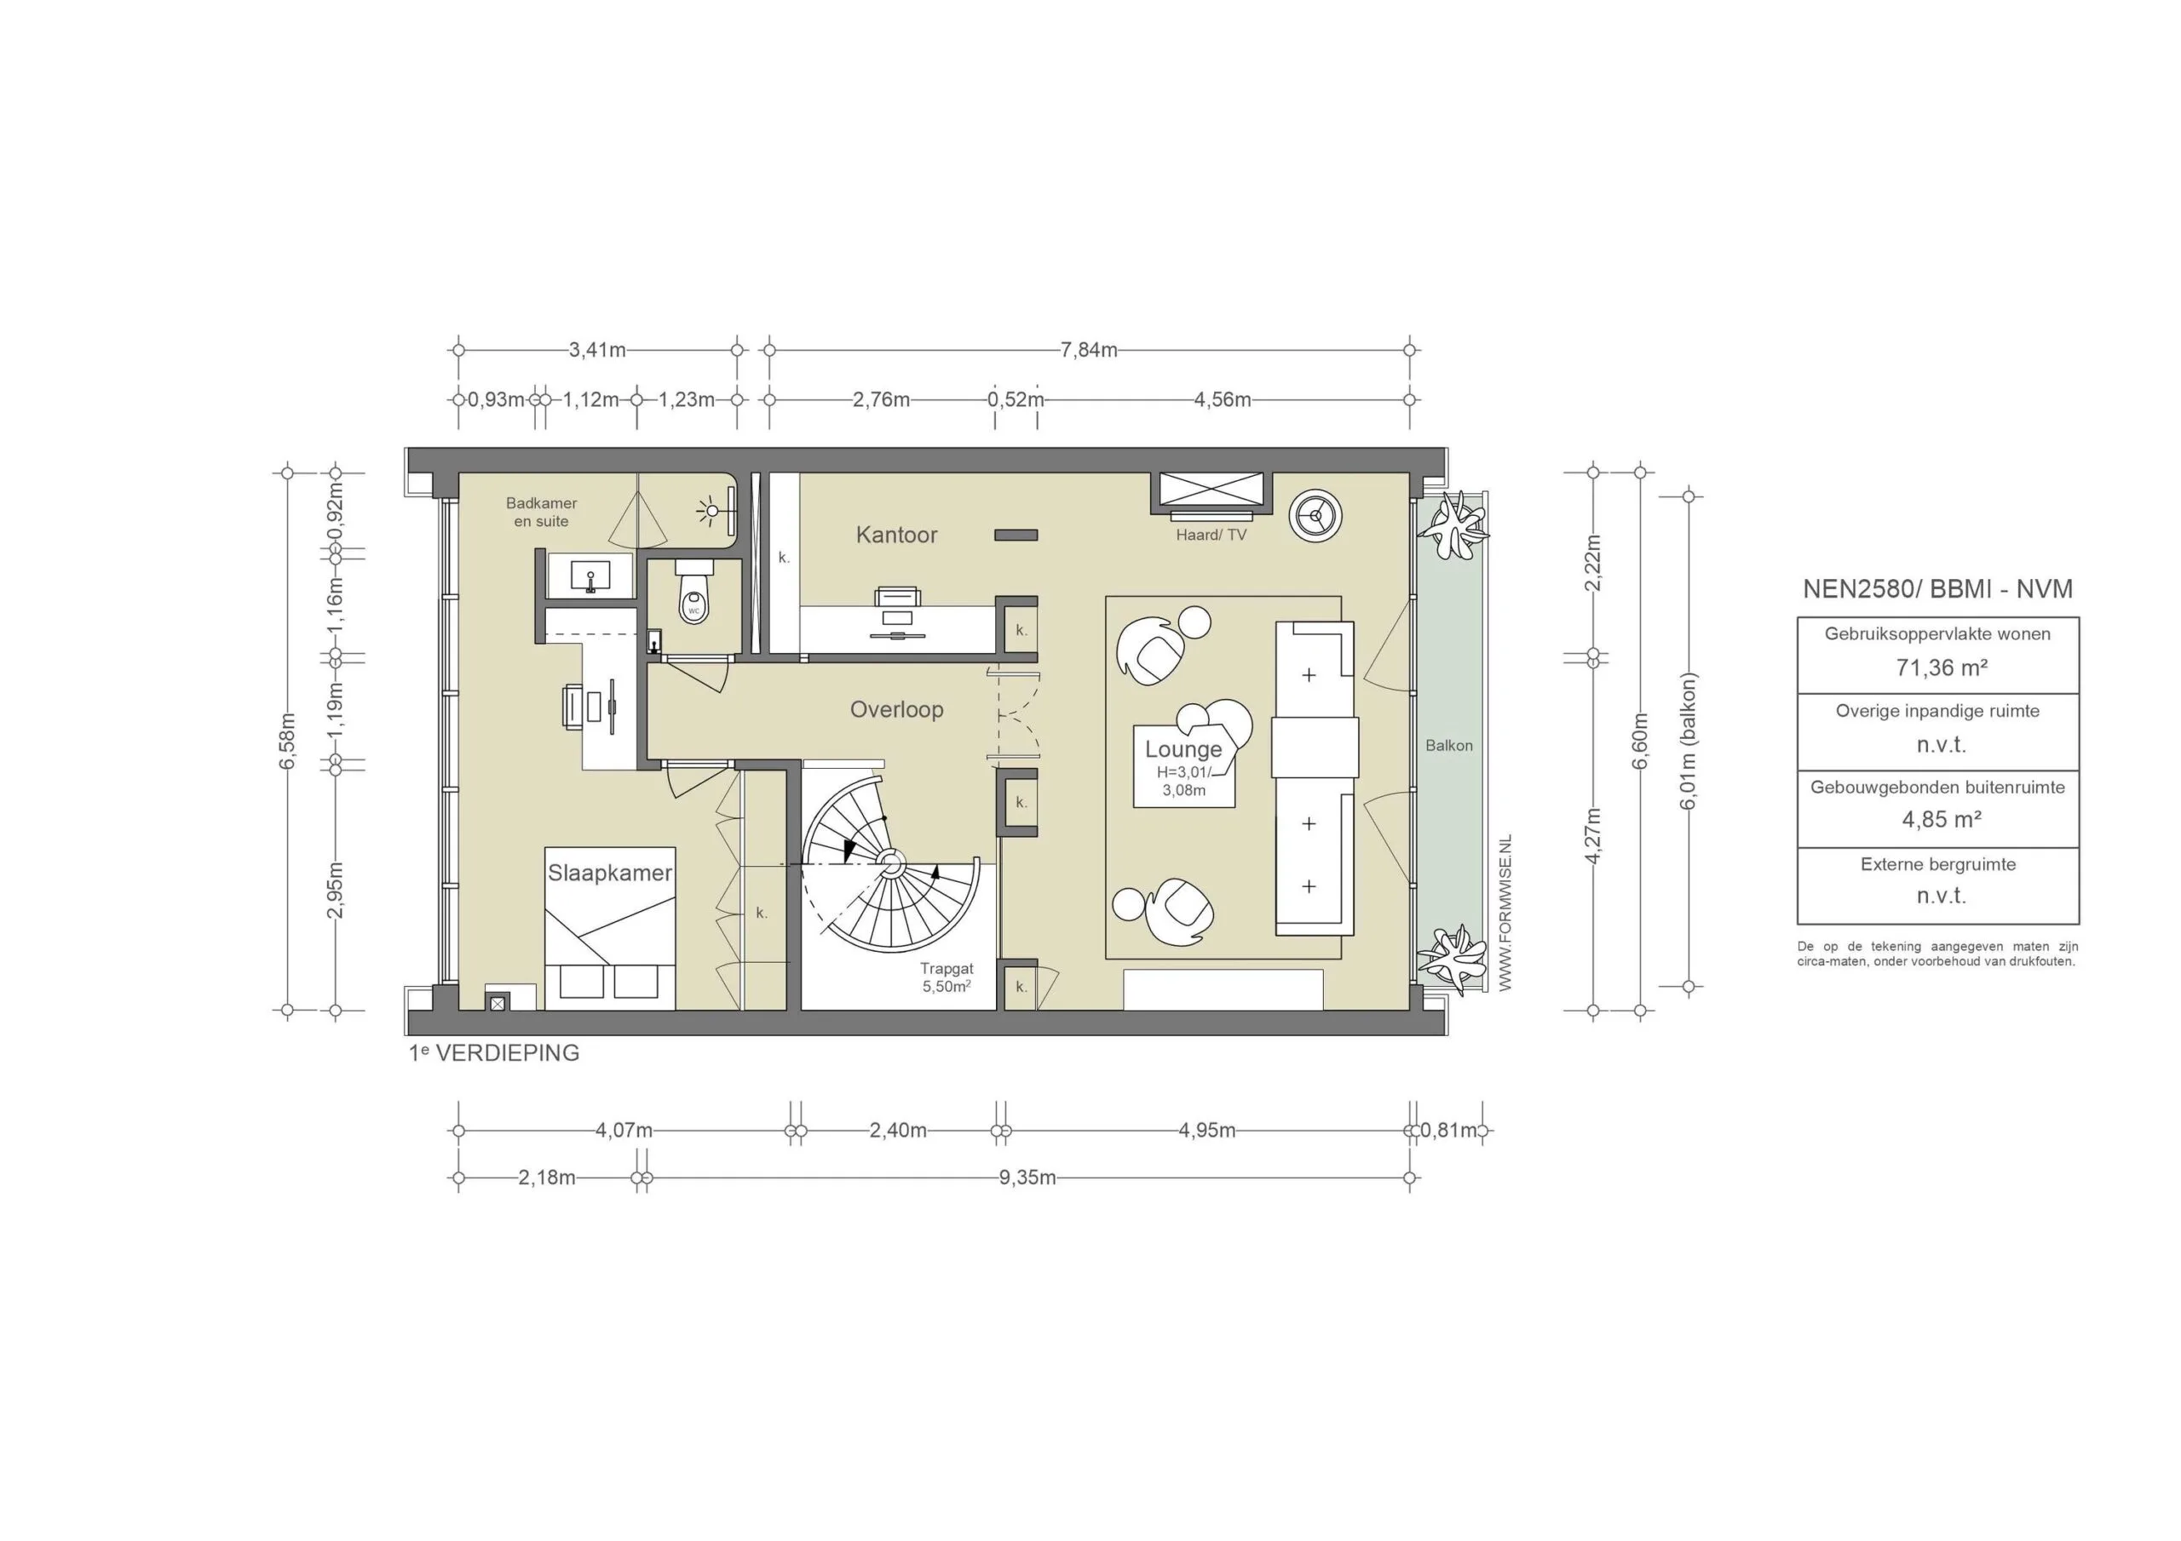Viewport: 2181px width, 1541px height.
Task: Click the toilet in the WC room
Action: pyautogui.click(x=693, y=596)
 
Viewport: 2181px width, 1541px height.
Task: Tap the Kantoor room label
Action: pyautogui.click(x=895, y=535)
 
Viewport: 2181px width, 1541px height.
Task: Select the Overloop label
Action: pyautogui.click(x=895, y=709)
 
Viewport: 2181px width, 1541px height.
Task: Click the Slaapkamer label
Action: pyautogui.click(x=610, y=873)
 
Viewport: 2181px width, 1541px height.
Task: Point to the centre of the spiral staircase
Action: pyautogui.click(x=890, y=862)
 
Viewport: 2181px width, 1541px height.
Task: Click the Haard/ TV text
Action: pyautogui.click(x=1210, y=535)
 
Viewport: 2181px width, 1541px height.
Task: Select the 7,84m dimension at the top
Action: pyautogui.click(x=1089, y=349)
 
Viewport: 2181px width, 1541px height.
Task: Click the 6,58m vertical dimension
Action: pyautogui.click(x=288, y=741)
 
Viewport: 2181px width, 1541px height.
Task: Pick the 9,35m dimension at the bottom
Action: pyautogui.click(x=1027, y=1178)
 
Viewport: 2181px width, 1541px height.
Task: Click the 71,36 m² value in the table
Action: pyautogui.click(x=1941, y=667)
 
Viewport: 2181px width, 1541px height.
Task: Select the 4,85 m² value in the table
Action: pyautogui.click(x=1941, y=819)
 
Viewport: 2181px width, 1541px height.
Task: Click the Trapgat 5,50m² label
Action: pyautogui.click(x=947, y=978)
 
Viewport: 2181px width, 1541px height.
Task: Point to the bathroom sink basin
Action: pyautogui.click(x=591, y=576)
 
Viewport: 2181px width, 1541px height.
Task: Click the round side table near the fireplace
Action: pyautogui.click(x=1315, y=516)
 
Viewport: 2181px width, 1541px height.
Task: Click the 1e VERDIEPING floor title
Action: pyautogui.click(x=494, y=1053)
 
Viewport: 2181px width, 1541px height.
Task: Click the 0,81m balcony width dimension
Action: pyautogui.click(x=1449, y=1131)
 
